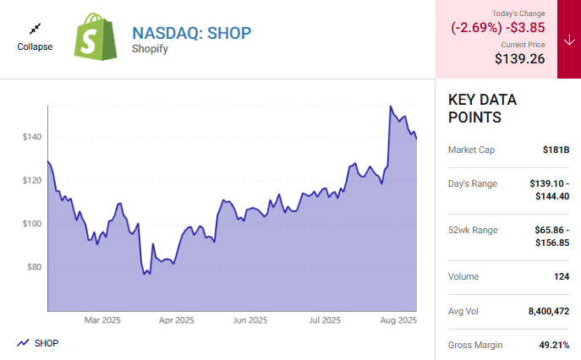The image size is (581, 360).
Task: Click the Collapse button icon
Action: tap(35, 29)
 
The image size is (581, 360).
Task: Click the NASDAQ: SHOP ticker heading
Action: tap(192, 32)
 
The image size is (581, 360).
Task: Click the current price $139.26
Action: tap(519, 59)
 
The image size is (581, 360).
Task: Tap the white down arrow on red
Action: tap(568, 39)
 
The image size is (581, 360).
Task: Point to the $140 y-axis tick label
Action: tap(30, 137)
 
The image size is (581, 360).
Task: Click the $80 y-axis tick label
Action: tap(33, 268)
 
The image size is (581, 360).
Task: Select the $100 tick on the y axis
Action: tap(30, 224)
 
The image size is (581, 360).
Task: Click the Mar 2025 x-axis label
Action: tap(104, 321)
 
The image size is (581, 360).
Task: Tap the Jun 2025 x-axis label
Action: tap(251, 321)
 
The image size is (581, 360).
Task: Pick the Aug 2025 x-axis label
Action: tap(398, 321)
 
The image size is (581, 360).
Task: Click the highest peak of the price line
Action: tap(390, 106)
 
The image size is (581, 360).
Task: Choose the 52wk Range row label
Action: tap(473, 230)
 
